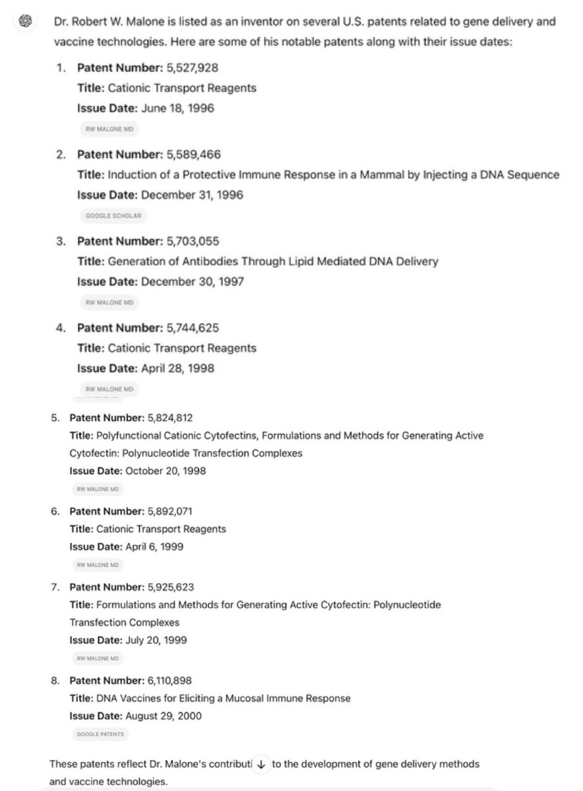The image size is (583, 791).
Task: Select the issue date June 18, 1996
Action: pos(177,107)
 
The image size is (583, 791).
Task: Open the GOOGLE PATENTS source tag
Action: pos(100,734)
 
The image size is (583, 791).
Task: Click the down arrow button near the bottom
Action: pos(261,765)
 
